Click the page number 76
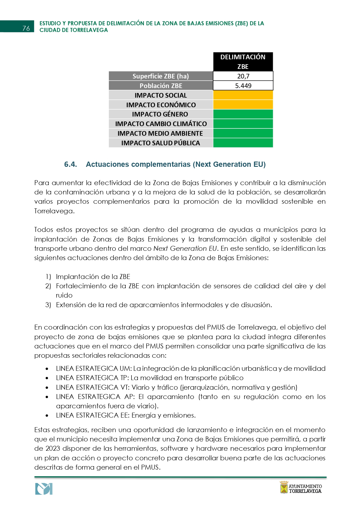click(26, 28)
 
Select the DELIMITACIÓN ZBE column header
click(243, 62)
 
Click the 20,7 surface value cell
click(243, 76)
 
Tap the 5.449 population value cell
click(243, 86)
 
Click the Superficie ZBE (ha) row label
click(161, 76)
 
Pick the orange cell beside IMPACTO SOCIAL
click(243, 95)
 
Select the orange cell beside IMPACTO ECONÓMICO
click(243, 105)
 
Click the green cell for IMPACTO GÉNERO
click(243, 114)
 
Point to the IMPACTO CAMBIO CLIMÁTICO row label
click(161, 124)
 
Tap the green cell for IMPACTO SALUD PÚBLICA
click(243, 143)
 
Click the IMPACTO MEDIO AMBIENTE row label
click(160, 133)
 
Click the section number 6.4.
click(71, 164)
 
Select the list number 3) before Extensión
click(48, 305)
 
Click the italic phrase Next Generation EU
click(185, 248)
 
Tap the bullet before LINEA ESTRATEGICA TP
click(47, 378)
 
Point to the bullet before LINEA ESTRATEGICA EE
click(47, 416)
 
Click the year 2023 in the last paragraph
click(53, 448)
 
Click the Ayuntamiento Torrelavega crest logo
click(284, 487)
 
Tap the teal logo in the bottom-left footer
click(44, 489)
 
